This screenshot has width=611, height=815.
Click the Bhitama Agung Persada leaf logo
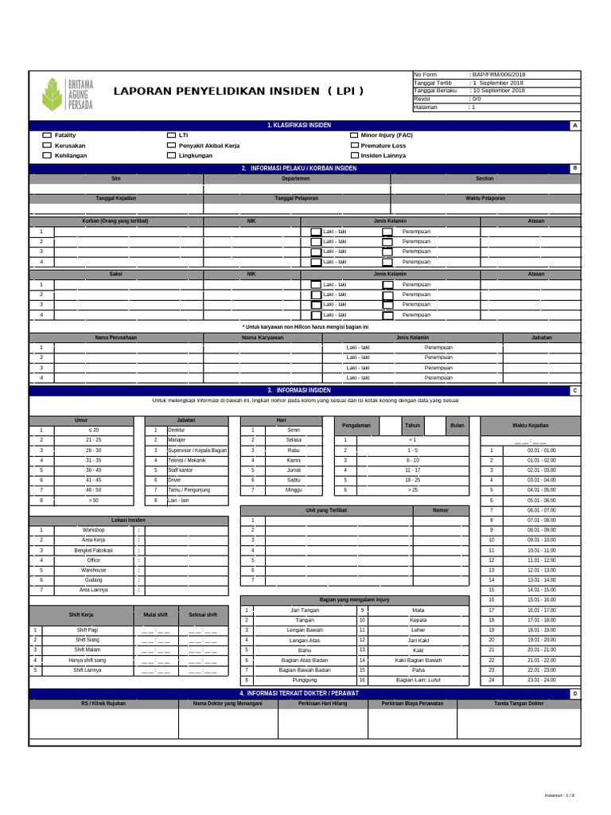(53, 93)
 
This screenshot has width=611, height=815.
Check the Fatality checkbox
(46, 135)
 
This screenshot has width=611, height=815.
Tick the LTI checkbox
(171, 135)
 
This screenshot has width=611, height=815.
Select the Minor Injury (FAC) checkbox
(354, 135)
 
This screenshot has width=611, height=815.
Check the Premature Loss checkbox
(354, 146)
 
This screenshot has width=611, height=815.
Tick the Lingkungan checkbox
(171, 156)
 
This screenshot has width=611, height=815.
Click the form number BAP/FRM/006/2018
(499, 75)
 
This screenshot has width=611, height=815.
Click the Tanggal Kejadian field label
(116, 198)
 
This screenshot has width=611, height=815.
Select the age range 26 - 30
(93, 450)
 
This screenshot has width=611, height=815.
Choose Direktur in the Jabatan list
(177, 430)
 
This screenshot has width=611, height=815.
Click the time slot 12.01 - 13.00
(541, 570)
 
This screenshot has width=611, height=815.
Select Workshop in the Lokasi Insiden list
(93, 530)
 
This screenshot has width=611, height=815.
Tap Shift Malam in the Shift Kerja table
(87, 649)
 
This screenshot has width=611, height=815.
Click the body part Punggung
(298, 680)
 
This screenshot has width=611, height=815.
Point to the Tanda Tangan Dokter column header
(519, 704)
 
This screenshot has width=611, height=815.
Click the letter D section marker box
(574, 694)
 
